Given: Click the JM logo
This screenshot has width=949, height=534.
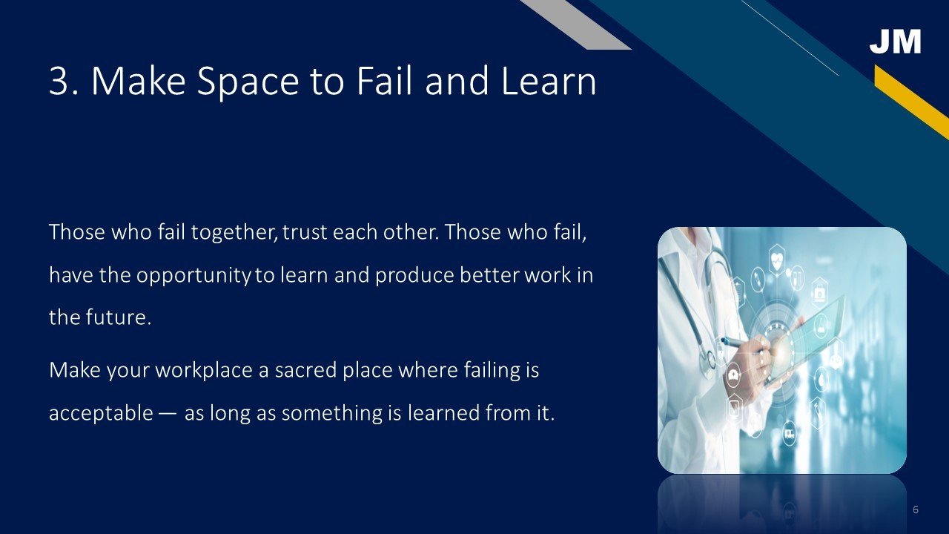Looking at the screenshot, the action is coord(895,41).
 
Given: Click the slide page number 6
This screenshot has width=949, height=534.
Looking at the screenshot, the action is coord(916,510).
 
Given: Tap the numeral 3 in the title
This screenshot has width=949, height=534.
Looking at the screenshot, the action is coord(59,81).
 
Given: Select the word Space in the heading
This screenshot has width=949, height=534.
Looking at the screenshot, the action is coord(248,82).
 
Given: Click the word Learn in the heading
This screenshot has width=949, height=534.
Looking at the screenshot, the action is coord(549,81).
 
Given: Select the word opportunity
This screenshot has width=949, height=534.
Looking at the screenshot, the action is coord(194,276).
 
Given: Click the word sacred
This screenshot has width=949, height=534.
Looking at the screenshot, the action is coord(305,370).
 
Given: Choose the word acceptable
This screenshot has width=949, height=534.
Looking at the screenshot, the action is coord(101,413).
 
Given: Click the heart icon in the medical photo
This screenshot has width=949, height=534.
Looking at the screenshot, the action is coord(776,257).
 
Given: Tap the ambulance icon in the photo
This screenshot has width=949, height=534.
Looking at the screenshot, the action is coord(789,434).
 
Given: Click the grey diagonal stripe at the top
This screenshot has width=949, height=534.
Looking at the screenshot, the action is coord(575,24).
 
